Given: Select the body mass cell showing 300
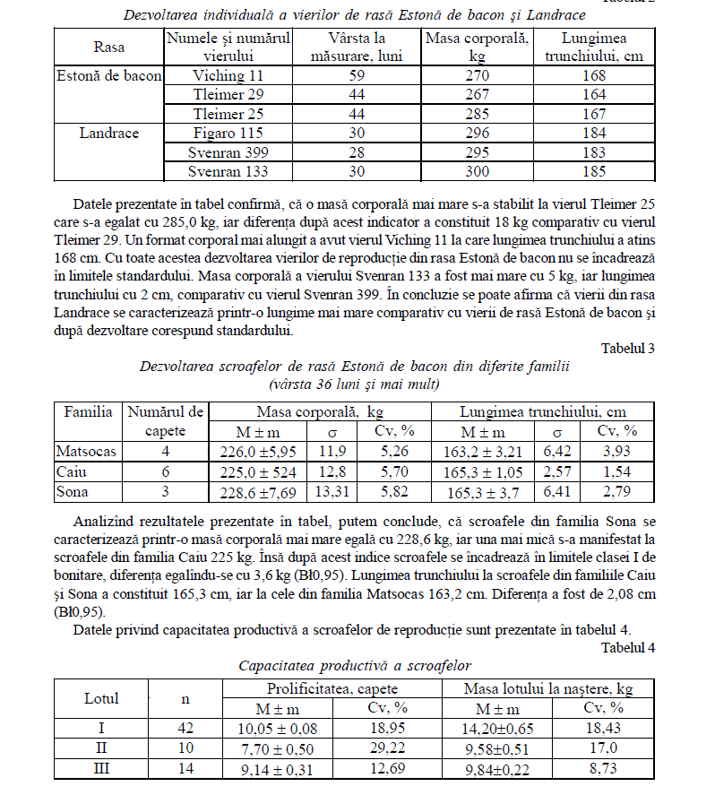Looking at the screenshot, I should (x=478, y=171).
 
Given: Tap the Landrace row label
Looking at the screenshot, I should (x=109, y=133).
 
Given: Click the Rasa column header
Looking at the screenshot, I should (x=109, y=47).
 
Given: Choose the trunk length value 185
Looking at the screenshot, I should (x=594, y=171).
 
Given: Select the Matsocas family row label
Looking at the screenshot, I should (x=86, y=451).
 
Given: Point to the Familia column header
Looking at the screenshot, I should (x=88, y=412).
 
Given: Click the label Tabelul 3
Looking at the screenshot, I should (x=628, y=349).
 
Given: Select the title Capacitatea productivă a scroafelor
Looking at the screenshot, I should (x=355, y=666).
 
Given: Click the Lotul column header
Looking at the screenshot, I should (x=101, y=697).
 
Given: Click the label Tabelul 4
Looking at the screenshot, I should (x=628, y=647).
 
